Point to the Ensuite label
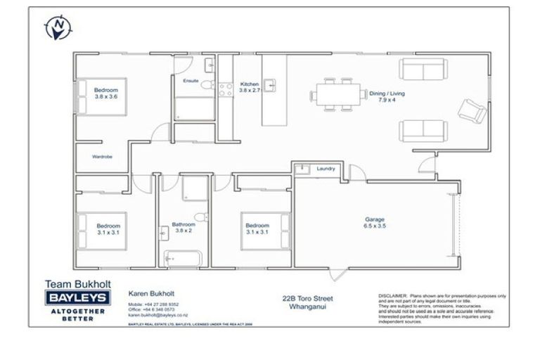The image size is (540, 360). [x=191, y=82]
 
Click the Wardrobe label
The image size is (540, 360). [x=102, y=156]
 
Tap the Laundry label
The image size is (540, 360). [x=326, y=169]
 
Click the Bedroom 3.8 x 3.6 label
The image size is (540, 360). [x=106, y=94]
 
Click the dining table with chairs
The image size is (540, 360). [x=337, y=94]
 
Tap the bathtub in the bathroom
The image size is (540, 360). [x=183, y=257]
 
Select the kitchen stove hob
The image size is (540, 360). [x=226, y=89]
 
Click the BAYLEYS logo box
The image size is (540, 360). [x=77, y=297]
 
